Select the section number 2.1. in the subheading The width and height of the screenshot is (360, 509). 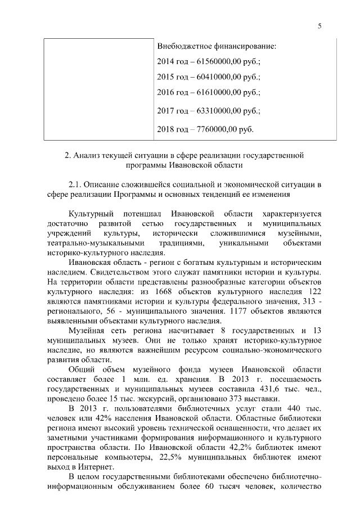click(x=76, y=184)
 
